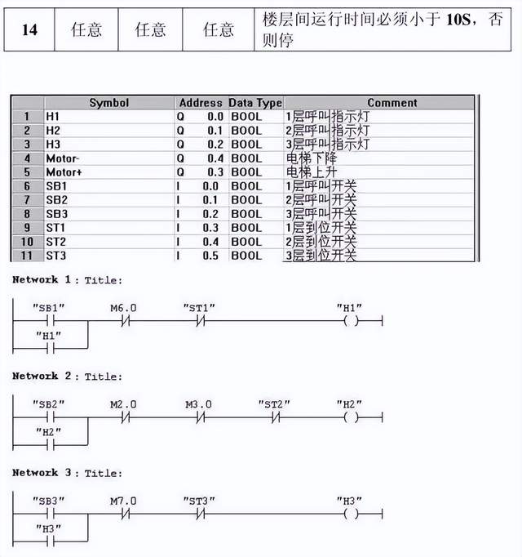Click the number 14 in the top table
(29, 30)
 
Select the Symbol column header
(108, 103)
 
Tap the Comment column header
(391, 103)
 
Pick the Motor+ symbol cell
(63, 172)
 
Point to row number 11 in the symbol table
(26, 256)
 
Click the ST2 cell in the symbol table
(56, 242)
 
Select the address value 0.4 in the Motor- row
(215, 158)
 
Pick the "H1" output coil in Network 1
(352, 321)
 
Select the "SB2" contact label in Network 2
(48, 404)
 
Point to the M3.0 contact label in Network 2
(198, 404)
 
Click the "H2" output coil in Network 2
(352, 417)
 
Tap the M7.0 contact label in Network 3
(124, 501)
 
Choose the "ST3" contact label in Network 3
(198, 501)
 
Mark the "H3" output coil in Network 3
(352, 514)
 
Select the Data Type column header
(255, 103)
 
